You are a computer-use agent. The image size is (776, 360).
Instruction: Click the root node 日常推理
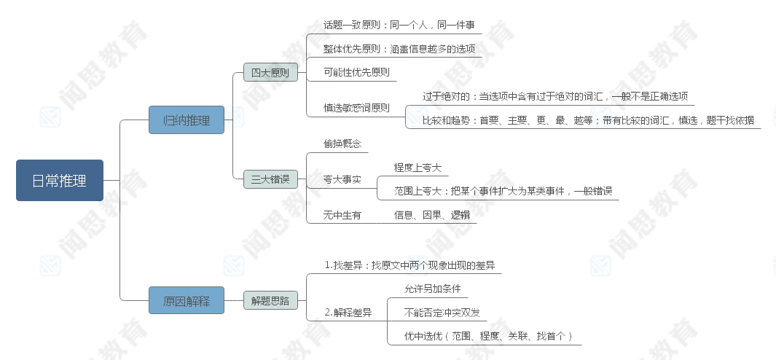(60, 180)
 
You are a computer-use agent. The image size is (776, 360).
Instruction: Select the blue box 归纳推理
(187, 120)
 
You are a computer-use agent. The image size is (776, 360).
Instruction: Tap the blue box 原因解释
(187, 300)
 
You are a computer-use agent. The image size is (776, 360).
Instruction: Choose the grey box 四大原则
(270, 72)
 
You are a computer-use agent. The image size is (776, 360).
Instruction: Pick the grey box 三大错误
(270, 179)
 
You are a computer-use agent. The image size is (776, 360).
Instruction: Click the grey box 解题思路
(270, 300)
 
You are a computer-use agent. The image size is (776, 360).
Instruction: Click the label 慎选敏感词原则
(356, 108)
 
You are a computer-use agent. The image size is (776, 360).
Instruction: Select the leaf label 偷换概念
(342, 144)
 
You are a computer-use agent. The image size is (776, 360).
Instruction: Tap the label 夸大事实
(342, 179)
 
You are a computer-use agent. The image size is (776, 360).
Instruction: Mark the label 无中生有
(342, 215)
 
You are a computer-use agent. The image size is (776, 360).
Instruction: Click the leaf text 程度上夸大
(418, 168)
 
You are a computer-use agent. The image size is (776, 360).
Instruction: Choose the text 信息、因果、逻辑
(432, 215)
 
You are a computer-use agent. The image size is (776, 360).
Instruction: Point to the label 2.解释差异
(348, 313)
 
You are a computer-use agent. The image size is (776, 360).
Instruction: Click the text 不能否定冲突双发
(442, 313)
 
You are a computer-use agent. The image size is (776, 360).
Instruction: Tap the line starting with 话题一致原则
(399, 25)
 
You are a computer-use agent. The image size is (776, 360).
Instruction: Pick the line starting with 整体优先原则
(399, 49)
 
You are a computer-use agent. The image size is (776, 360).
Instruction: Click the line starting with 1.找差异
(409, 265)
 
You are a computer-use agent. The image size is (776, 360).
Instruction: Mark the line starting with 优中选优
(488, 336)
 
